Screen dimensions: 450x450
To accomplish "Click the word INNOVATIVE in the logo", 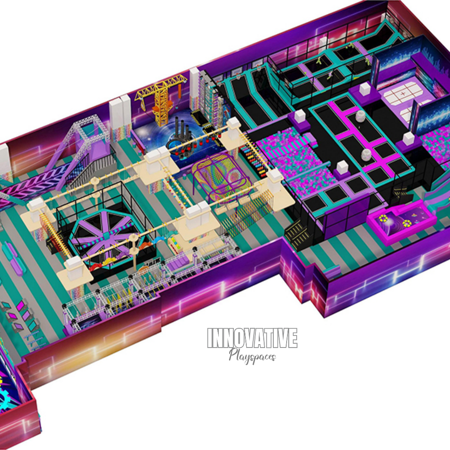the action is [252, 338].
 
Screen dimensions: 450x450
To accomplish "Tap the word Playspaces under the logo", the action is [252, 356].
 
